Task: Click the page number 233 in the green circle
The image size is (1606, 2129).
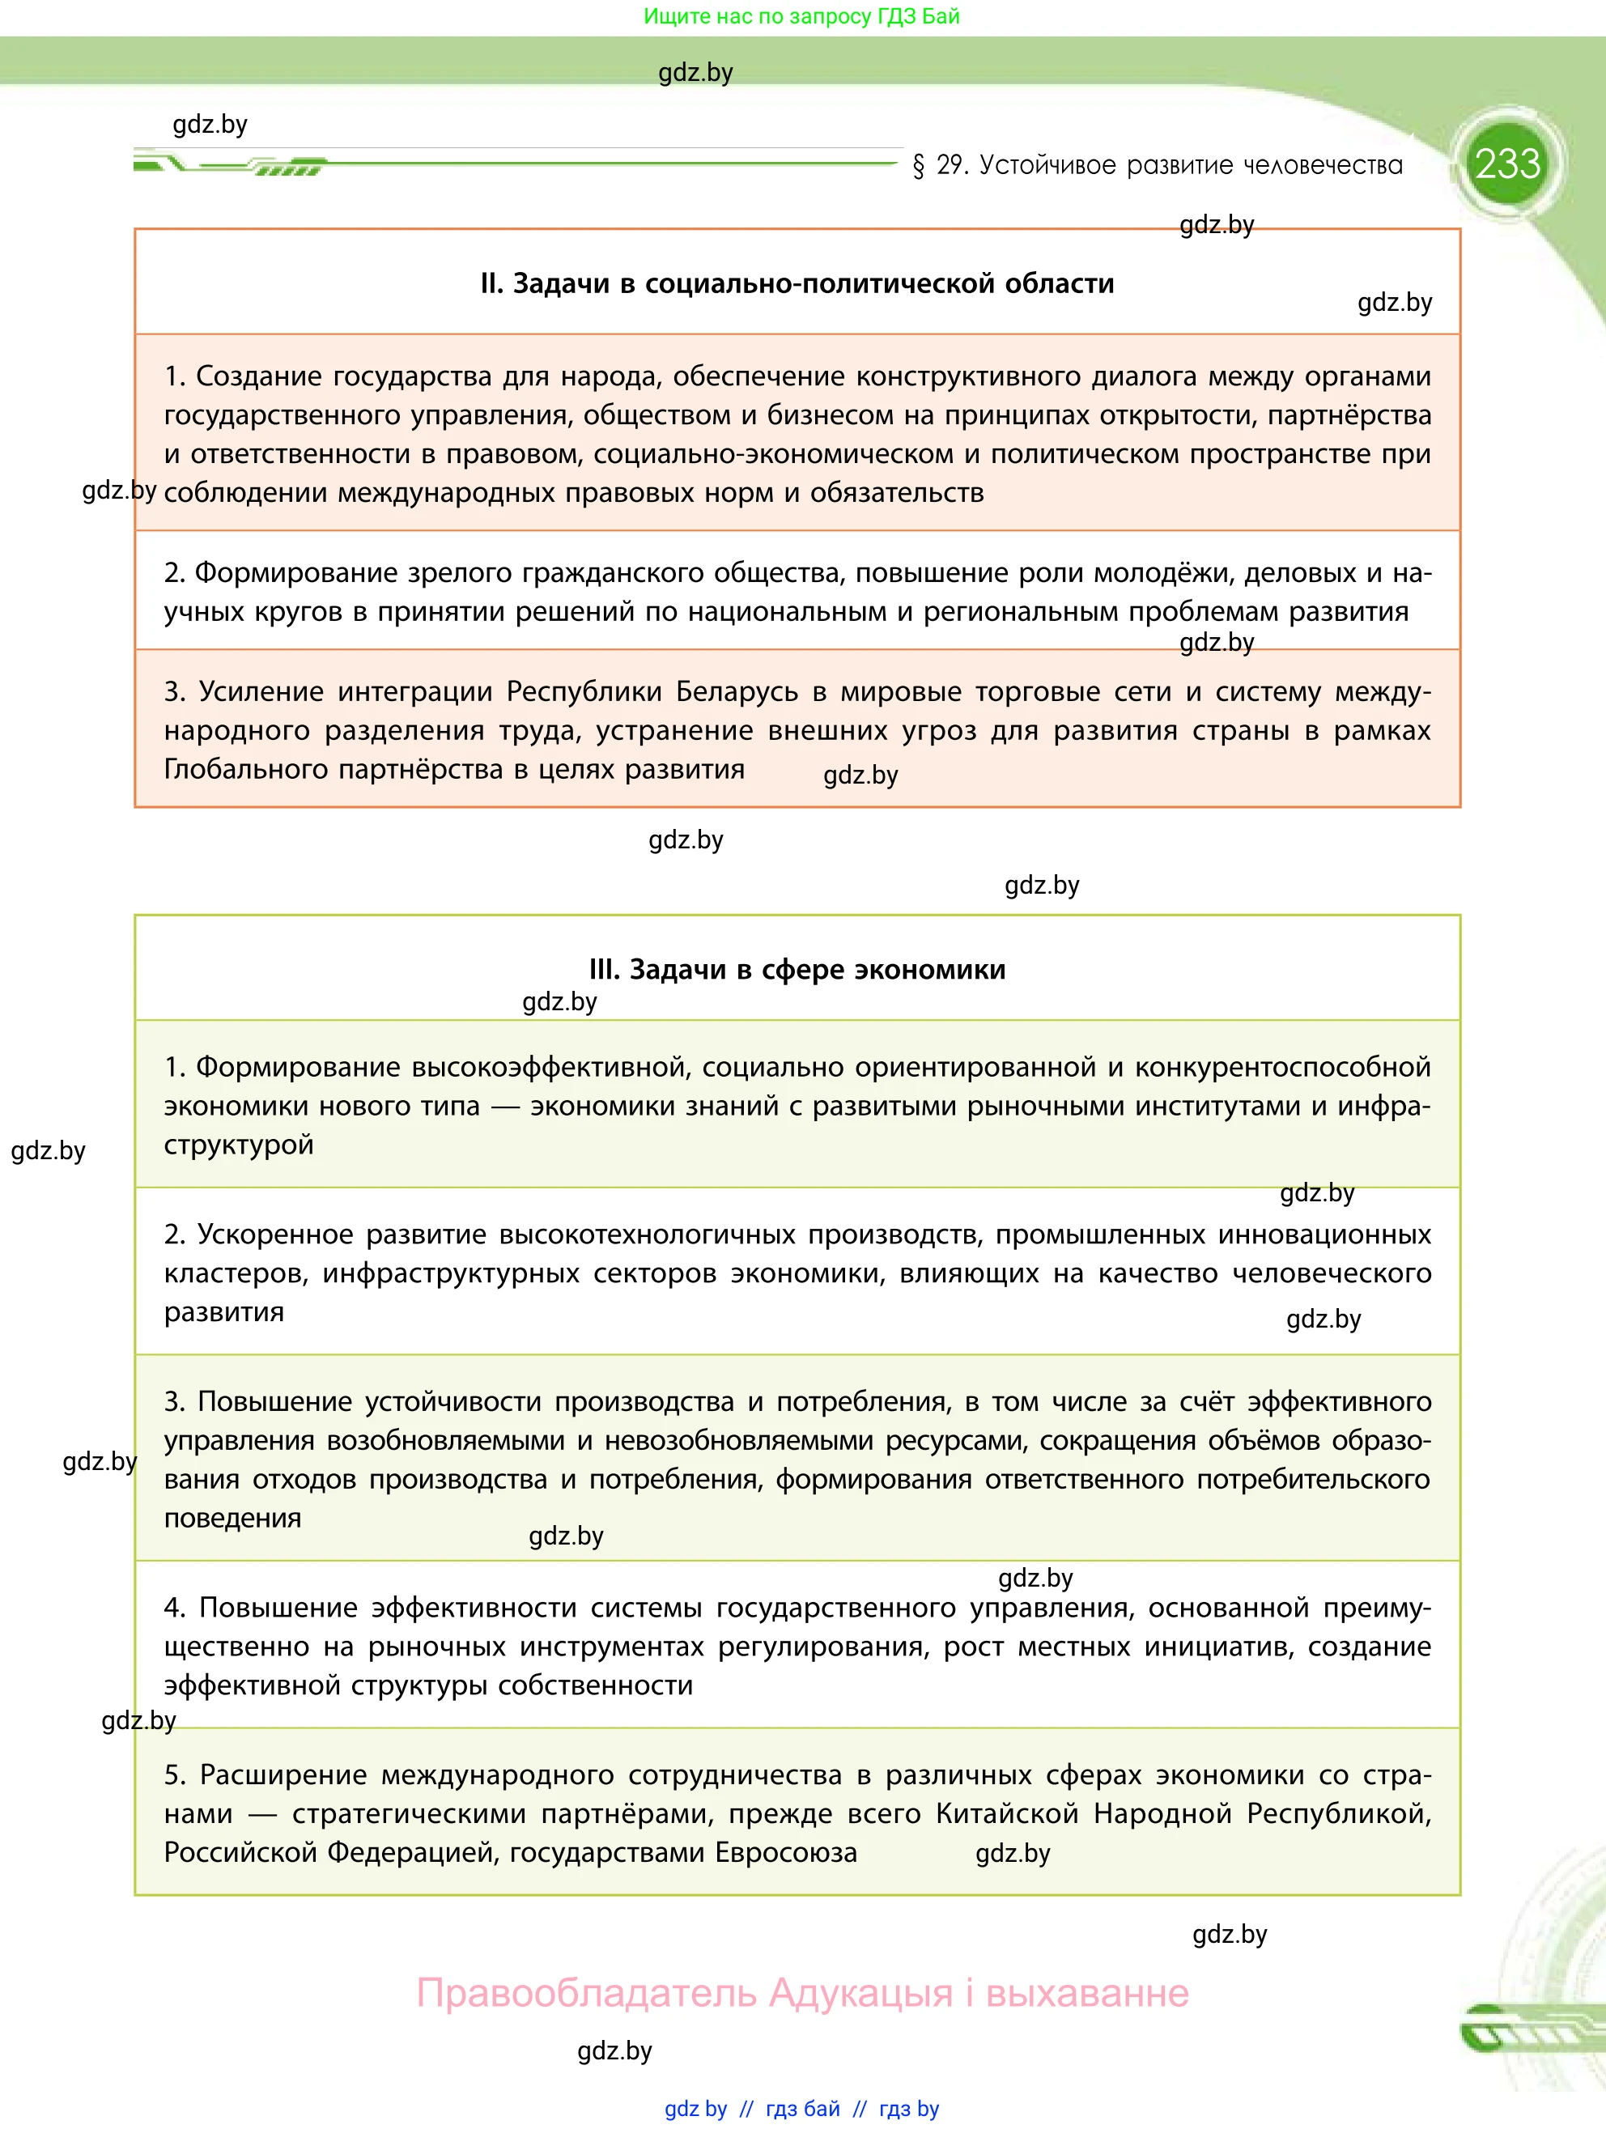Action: click(x=1507, y=164)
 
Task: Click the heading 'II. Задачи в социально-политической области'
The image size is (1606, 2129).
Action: click(x=797, y=284)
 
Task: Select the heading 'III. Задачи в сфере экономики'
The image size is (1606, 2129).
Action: click(x=797, y=969)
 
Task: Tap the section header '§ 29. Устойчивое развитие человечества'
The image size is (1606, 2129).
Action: click(x=1158, y=166)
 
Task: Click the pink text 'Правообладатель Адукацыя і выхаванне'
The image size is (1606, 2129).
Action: click(x=801, y=1992)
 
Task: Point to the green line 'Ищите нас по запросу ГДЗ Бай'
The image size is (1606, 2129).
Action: click(x=801, y=16)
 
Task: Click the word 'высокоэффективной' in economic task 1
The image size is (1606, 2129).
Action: click(x=549, y=1068)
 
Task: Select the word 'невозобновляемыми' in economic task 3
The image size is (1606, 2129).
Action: click(x=738, y=1441)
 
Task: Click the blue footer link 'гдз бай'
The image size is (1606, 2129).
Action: click(x=802, y=2109)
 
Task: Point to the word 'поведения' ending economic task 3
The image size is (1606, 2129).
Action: click(x=232, y=1518)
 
